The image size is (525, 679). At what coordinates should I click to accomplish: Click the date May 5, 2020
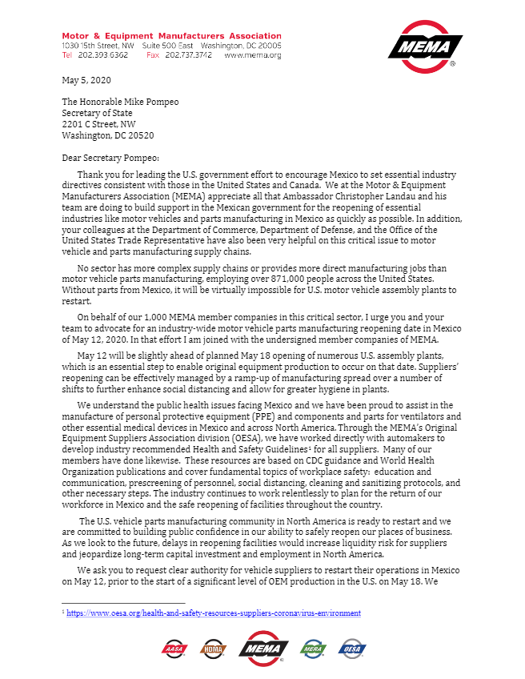(x=86, y=81)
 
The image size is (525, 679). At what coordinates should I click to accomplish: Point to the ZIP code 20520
(x=140, y=136)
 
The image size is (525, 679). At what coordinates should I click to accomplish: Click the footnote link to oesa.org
(x=214, y=613)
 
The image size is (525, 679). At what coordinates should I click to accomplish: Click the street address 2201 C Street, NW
(x=98, y=125)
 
